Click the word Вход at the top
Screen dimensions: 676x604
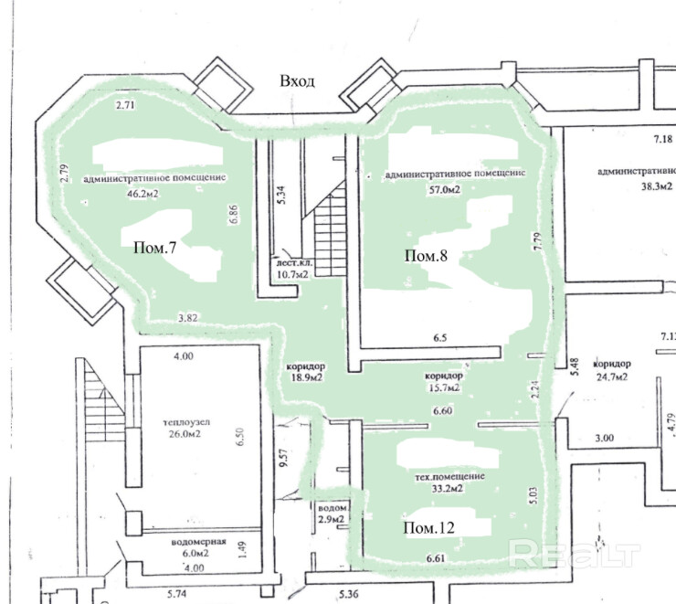[298, 81]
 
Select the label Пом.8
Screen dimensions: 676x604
[426, 256]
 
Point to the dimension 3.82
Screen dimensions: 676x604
[189, 319]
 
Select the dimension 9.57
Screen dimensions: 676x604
[284, 457]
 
